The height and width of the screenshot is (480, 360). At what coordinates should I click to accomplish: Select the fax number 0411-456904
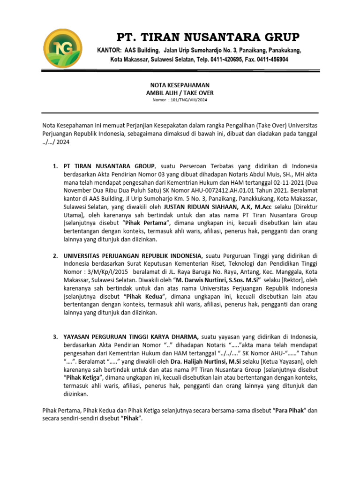point(272,60)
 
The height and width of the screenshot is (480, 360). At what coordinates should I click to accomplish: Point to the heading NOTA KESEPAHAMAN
point(180,85)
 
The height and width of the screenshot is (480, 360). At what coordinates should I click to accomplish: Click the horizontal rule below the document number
point(180,113)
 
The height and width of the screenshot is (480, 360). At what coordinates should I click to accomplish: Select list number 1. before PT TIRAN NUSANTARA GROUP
point(55,166)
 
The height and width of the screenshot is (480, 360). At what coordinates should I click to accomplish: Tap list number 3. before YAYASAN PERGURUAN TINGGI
point(55,337)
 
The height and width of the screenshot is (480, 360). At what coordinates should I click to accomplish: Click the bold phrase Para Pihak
point(290,410)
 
